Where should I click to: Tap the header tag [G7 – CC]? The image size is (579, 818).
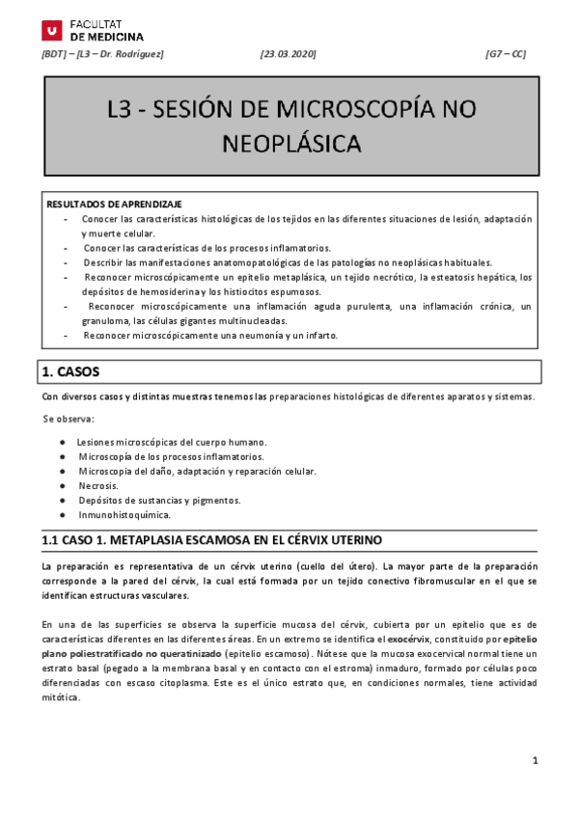506,54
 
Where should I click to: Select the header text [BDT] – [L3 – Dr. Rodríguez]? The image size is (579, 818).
102,54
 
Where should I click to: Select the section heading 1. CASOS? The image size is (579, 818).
69,370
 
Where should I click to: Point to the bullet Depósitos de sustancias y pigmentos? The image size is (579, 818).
159,500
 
